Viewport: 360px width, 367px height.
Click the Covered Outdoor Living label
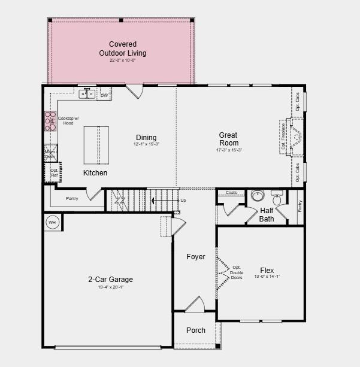click(123, 48)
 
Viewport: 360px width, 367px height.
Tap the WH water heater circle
click(52, 222)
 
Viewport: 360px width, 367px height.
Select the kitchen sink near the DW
click(87, 93)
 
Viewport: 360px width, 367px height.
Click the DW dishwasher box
click(104, 95)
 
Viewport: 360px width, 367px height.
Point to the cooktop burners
click(50, 122)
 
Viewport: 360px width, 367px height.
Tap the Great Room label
click(229, 139)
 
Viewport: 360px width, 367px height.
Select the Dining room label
click(146, 138)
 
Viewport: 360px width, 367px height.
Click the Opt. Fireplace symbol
click(294, 137)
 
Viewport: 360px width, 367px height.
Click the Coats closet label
click(231, 193)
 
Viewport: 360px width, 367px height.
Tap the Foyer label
click(195, 257)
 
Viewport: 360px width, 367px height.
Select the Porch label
click(196, 330)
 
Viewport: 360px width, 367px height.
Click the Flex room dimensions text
click(267, 277)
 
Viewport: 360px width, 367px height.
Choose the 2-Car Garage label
click(111, 279)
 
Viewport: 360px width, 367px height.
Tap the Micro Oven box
click(50, 154)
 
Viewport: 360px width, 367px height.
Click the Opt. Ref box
click(54, 172)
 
